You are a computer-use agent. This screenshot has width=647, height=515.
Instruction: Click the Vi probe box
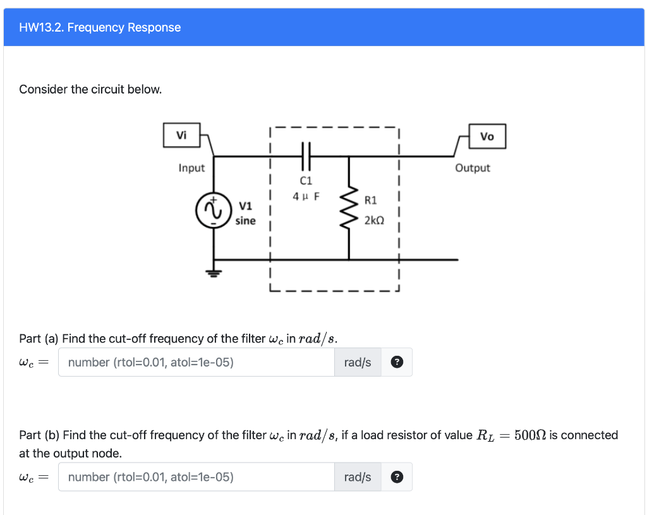pyautogui.click(x=181, y=135)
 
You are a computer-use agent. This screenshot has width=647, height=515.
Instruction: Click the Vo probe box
pyautogui.click(x=487, y=136)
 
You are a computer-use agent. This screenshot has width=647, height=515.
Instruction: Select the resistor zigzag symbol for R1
pyautogui.click(x=349, y=209)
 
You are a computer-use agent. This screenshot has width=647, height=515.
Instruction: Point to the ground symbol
pyautogui.click(x=213, y=273)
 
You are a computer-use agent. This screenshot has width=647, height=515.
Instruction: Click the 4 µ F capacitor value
pyautogui.click(x=306, y=196)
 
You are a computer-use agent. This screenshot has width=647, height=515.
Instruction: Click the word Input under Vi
pyautogui.click(x=191, y=168)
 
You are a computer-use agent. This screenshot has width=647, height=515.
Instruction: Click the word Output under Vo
pyautogui.click(x=473, y=168)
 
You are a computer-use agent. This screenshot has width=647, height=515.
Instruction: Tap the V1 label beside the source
pyautogui.click(x=246, y=206)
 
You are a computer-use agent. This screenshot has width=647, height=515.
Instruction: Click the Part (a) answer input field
pyautogui.click(x=197, y=362)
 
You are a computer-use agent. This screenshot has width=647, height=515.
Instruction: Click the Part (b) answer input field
pyautogui.click(x=197, y=476)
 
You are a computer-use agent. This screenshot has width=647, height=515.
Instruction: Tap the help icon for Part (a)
pyautogui.click(x=396, y=362)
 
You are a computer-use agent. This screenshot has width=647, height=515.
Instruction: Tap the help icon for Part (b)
pyautogui.click(x=396, y=476)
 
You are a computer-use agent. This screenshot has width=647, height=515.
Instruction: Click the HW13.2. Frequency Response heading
pyautogui.click(x=100, y=27)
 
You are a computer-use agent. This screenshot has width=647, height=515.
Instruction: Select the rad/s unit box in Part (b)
pyautogui.click(x=358, y=476)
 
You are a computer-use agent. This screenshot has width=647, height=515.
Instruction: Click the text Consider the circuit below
pyautogui.click(x=90, y=89)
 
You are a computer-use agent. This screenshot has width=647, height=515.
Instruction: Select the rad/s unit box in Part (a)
pyautogui.click(x=358, y=362)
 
